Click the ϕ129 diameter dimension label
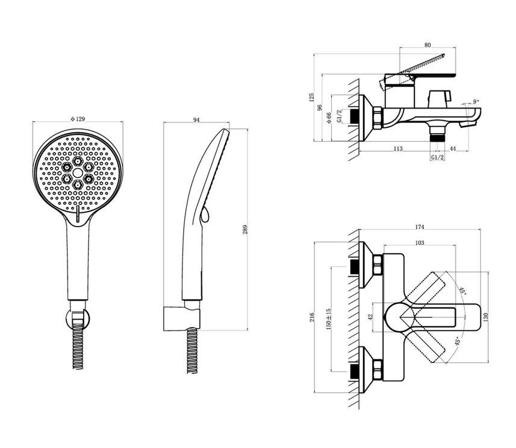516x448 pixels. point(78,119)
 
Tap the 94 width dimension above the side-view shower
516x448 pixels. point(196,120)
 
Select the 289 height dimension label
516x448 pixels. point(245,230)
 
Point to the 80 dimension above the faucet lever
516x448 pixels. point(427,45)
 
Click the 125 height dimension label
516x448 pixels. point(312,97)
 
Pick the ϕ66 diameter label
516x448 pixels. point(328,118)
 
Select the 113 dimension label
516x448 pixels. point(398,149)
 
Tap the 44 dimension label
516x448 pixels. point(453,149)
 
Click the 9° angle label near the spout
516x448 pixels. point(476,101)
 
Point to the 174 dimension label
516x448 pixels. point(420,227)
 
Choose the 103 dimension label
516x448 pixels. point(420,243)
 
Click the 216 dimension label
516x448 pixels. point(312,317)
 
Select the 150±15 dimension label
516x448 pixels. point(328,320)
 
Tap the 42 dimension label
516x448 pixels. point(370,317)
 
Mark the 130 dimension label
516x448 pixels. point(486,317)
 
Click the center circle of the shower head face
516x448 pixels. point(78,172)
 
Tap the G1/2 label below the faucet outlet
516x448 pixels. point(437,157)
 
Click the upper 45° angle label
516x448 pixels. point(462,291)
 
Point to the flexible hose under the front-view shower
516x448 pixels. point(77,346)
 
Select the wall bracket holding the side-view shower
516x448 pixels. point(182,318)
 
